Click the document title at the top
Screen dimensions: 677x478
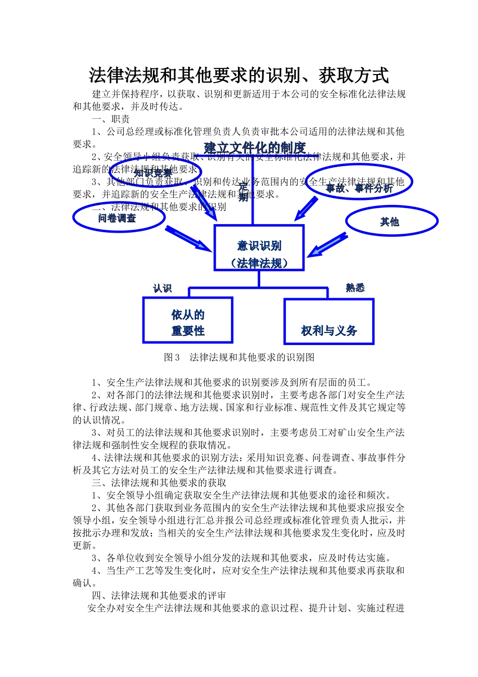tap(239, 76)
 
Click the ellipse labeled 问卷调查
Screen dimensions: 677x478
tap(119, 218)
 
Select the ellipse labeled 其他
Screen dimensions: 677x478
tap(391, 222)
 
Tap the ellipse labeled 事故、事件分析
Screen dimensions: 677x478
tap(359, 182)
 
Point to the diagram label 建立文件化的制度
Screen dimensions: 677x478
tap(255, 148)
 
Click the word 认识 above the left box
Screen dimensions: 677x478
tap(163, 288)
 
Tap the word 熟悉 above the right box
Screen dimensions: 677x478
tap(355, 288)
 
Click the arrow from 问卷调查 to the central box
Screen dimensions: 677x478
tap(188, 239)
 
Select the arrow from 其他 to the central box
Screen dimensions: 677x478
tap(327, 245)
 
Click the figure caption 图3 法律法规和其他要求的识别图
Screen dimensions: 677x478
tap(239, 357)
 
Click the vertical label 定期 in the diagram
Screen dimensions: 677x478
tap(244, 192)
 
